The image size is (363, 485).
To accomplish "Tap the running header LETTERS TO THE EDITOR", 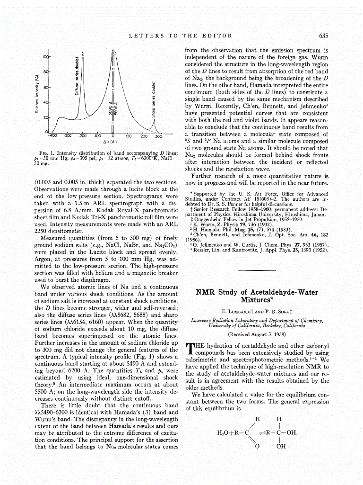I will [x=181, y=36].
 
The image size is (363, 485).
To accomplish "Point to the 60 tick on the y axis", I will [x=46, y=88].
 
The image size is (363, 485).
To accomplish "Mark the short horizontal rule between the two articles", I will [x=257, y=270].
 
